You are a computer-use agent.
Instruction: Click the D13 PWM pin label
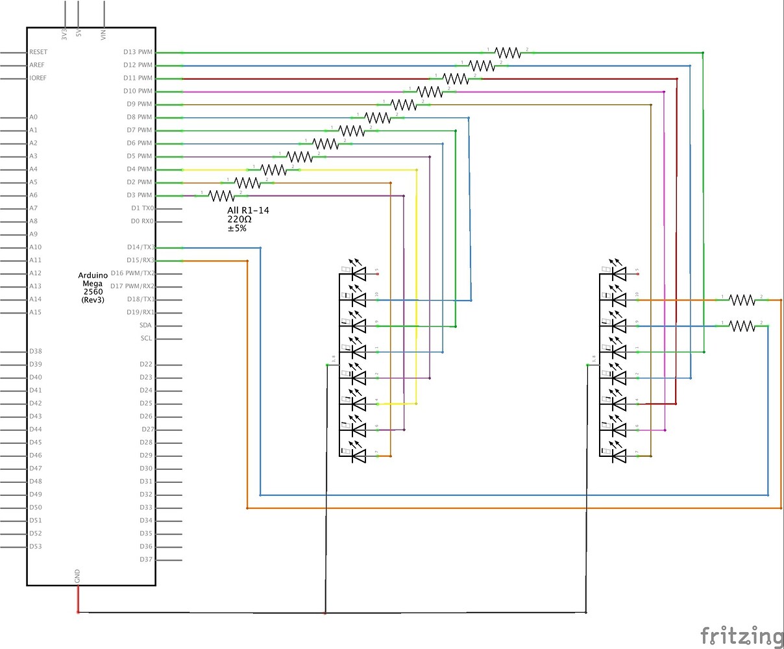(138, 52)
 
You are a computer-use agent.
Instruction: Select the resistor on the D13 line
(507, 53)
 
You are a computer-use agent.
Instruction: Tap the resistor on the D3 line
(221, 195)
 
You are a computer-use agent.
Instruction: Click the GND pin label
(78, 576)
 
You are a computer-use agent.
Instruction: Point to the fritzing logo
(741, 635)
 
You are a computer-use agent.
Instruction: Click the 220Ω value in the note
(239, 219)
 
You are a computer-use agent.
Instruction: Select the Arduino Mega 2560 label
(93, 288)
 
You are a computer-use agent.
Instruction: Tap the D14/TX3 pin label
(140, 247)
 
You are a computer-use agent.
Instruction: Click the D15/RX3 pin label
(140, 260)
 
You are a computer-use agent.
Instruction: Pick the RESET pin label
(38, 52)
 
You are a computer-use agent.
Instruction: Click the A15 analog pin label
(35, 312)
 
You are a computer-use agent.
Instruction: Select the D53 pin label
(36, 546)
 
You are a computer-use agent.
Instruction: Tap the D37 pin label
(146, 559)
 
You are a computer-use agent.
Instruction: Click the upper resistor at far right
(741, 299)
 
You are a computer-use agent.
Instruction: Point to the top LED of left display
(358, 274)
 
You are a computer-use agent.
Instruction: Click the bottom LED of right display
(619, 456)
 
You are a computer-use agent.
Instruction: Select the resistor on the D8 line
(377, 117)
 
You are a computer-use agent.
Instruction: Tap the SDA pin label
(145, 325)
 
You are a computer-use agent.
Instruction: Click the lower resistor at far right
(741, 325)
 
